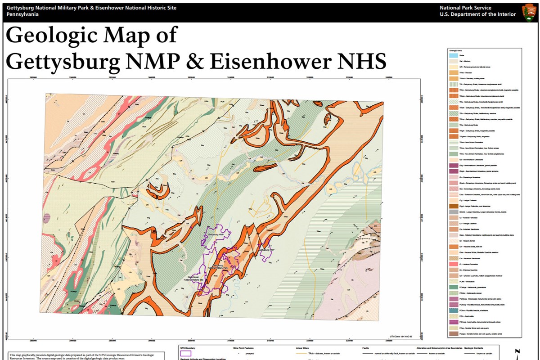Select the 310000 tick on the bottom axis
click(x=231, y=341)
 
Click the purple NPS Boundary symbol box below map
click(x=185, y=354)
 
